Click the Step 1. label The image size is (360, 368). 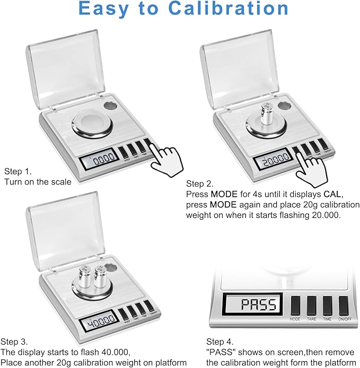pos(17,171)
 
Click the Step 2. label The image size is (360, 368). pos(200,183)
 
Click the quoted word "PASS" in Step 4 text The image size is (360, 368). pos(219,352)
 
